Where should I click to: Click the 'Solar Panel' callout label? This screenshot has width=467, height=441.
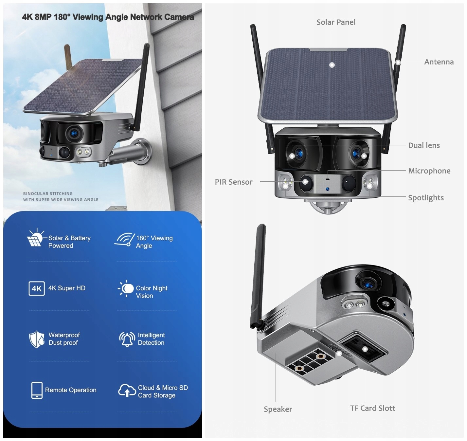336,22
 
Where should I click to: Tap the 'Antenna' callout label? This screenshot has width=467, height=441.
439,62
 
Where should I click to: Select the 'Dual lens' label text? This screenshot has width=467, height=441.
424,145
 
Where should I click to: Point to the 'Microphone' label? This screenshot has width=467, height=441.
429,171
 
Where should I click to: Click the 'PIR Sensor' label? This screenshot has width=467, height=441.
234,182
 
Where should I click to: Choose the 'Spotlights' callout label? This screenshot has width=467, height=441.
426,198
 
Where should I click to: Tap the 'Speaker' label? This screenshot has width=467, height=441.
278,409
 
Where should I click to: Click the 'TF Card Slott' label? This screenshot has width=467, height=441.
372,408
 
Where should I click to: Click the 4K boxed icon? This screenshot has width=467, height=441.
36,288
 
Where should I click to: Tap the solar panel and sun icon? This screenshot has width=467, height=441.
35,237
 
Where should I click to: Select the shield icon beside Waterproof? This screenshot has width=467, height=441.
36,339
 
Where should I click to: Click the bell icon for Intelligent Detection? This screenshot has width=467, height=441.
127,339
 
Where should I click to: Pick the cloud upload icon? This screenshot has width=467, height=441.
127,391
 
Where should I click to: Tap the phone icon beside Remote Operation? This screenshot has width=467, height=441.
37,390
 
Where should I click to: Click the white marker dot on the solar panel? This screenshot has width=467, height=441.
332,65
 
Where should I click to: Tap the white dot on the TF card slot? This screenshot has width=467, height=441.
365,349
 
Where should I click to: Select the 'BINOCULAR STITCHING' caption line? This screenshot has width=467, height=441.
48,193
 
